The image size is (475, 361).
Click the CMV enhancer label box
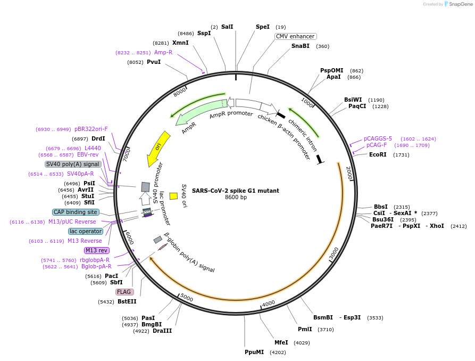295,36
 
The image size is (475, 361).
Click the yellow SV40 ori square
173,196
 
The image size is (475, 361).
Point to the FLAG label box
124,292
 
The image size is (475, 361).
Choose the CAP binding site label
76,212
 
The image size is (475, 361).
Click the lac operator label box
85,231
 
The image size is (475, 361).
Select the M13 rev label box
96,250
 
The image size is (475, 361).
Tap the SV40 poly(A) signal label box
72,164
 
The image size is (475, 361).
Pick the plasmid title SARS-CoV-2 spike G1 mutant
235,191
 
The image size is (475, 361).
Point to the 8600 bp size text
236,198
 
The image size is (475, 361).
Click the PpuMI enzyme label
254,352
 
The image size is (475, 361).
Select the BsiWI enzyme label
353,100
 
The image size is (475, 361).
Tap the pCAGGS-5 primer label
378,138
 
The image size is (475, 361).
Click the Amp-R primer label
163,52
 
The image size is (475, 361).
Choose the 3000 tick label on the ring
334,254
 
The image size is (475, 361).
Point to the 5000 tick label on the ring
187,298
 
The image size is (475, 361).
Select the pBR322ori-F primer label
91,129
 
